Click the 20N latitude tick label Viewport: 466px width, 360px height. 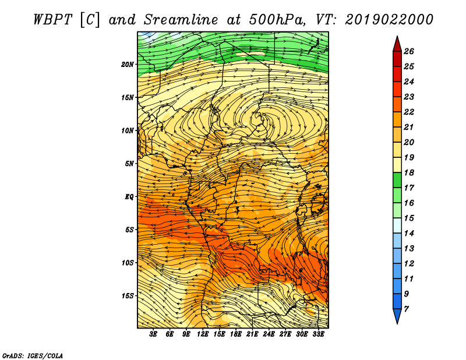(x=128, y=64)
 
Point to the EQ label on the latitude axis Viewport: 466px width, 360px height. (x=129, y=196)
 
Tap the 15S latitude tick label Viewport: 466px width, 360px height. (x=128, y=296)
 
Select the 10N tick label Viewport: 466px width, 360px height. (x=128, y=130)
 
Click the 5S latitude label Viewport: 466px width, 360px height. (x=129, y=230)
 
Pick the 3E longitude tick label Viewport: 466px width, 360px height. (x=153, y=334)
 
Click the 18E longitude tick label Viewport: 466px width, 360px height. (x=236, y=334)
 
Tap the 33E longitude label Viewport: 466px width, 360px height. (x=318, y=334)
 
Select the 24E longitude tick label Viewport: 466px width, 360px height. (x=269, y=334)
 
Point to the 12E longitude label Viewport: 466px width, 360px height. (x=203, y=334)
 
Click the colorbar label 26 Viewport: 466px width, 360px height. (x=409, y=51)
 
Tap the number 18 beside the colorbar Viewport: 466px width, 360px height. (x=409, y=172)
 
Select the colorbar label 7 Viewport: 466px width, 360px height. (x=406, y=309)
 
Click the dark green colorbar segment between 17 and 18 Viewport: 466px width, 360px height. (x=397, y=180)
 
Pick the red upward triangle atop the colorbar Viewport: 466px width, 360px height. (x=397, y=44)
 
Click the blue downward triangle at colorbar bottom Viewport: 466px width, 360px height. (x=397, y=316)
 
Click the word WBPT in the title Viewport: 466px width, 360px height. (x=52, y=20)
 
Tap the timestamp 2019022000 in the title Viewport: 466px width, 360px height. (x=389, y=20)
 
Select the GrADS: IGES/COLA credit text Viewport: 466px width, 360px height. (x=33, y=355)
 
